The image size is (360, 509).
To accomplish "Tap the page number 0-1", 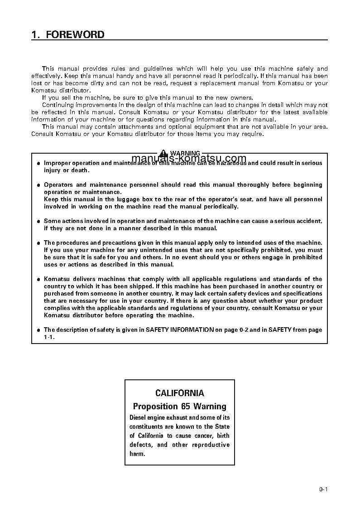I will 323,489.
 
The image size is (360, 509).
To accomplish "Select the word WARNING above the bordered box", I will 185,154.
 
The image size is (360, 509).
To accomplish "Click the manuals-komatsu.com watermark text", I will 189,159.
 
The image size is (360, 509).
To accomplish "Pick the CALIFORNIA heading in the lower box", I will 179,393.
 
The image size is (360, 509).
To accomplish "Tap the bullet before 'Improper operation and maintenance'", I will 38,163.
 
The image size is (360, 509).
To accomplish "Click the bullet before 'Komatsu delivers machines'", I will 38,279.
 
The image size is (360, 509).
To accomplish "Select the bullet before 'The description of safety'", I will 38,330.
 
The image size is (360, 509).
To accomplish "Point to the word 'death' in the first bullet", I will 81,170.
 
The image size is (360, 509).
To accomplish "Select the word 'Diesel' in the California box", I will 138,417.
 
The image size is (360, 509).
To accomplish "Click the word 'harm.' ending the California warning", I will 137,454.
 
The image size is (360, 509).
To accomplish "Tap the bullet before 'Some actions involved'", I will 38,221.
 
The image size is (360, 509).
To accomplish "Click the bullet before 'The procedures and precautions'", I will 38,243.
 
